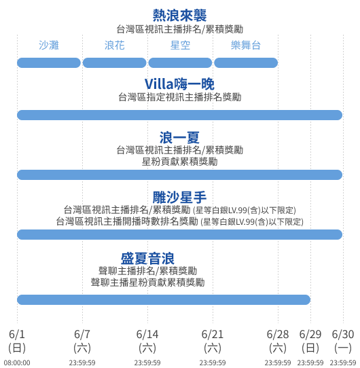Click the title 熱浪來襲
coord(179,16)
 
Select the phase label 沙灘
coord(49,45)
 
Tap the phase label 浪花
coord(115,45)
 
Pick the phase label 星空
coord(180,45)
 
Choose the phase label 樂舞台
coord(246,45)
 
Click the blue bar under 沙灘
coord(49,63)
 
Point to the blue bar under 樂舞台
coord(246,63)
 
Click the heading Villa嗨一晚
coord(179,84)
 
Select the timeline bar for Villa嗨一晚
coord(179,115)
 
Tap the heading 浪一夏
coord(179,138)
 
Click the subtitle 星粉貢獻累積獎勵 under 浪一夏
coord(179,162)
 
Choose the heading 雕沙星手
coord(179,197)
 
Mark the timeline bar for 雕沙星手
coord(179,234)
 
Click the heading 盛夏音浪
coord(147,259)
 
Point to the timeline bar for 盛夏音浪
coord(164,299)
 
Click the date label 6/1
coord(17,334)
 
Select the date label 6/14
coord(147,334)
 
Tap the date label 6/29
coord(310,334)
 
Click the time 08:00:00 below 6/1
coord(17,363)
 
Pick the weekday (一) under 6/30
coord(343,348)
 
